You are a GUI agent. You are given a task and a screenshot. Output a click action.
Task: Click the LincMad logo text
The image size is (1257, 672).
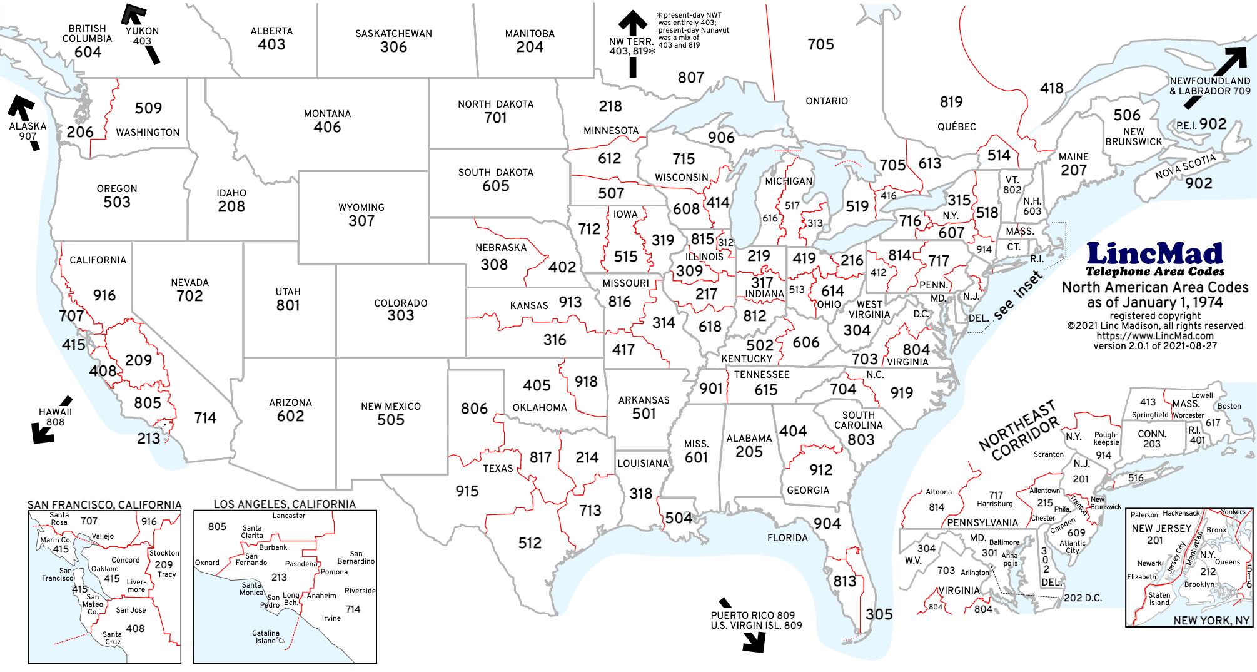click(x=1154, y=254)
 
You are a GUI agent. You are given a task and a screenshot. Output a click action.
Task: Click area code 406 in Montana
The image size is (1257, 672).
click(x=327, y=127)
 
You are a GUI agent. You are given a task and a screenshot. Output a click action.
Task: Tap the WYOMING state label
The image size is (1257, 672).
click(x=361, y=207)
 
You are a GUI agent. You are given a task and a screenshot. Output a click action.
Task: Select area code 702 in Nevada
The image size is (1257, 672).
click(x=189, y=296)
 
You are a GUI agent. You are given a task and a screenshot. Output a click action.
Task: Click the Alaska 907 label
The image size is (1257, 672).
click(x=28, y=131)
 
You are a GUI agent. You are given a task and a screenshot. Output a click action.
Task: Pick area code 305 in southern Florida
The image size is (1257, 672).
click(x=879, y=614)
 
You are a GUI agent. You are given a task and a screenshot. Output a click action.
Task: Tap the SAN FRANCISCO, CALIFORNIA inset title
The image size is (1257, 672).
click(x=104, y=504)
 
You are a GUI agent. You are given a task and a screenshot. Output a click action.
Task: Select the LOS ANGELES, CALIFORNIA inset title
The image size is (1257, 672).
click(x=285, y=504)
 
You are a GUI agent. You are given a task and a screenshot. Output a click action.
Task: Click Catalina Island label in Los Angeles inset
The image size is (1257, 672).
click(x=266, y=637)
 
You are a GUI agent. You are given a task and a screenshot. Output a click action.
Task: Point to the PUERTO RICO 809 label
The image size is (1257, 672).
click(x=753, y=615)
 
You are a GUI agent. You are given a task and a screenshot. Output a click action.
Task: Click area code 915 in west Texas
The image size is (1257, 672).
click(x=467, y=491)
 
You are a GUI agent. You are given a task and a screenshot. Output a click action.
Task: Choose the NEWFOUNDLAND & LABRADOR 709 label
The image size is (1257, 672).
click(x=1209, y=86)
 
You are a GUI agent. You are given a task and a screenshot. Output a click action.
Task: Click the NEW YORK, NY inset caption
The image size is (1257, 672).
click(x=1211, y=620)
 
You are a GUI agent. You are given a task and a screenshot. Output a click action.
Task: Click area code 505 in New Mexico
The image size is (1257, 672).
click(x=390, y=420)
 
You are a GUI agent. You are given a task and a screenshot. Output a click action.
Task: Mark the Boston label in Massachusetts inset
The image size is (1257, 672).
click(x=1229, y=406)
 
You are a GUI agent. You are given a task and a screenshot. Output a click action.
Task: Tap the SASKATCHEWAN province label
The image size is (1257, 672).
click(x=393, y=33)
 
